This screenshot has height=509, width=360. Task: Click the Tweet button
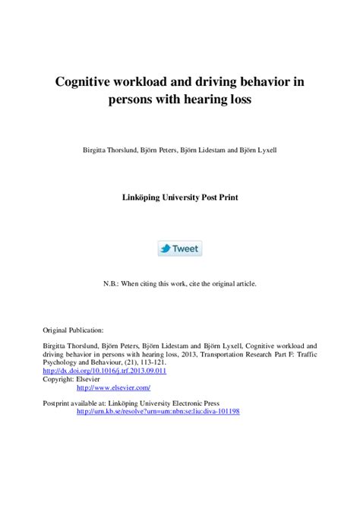tap(179, 248)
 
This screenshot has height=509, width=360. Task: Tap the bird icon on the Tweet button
tap(166, 248)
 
